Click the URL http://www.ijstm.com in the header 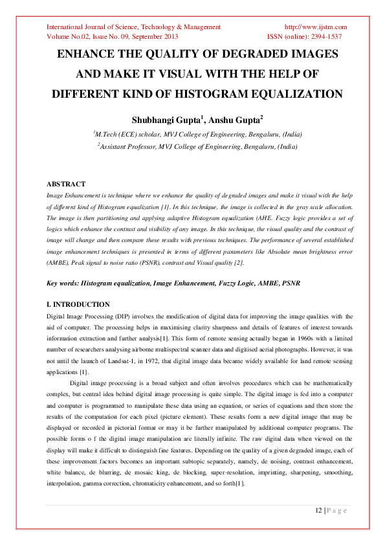tap(316, 27)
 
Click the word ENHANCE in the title tap(89, 54)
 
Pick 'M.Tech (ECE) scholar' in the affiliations tap(127, 134)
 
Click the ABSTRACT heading tap(67, 184)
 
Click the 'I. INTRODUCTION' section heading tap(78, 304)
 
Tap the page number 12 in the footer tap(318, 511)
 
